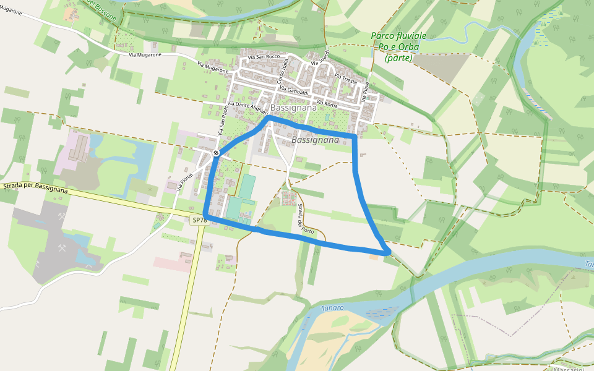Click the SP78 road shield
[x=199, y=220]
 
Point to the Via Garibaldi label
[x=294, y=91]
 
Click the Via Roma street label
[x=327, y=103]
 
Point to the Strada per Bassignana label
[x=35, y=187]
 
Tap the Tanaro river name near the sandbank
[x=333, y=307]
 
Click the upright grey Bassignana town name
[x=293, y=108]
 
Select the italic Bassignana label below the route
[x=315, y=140]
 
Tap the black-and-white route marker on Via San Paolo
[x=215, y=153]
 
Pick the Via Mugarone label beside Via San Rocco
[x=213, y=67]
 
